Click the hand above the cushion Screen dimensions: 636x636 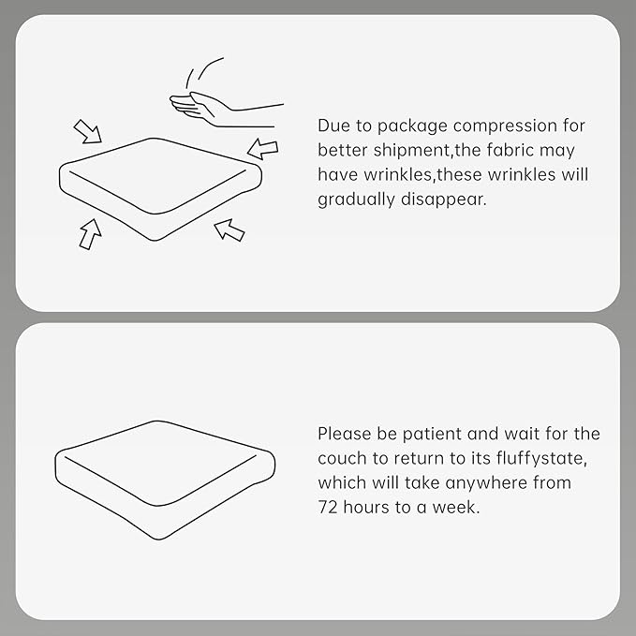(219, 111)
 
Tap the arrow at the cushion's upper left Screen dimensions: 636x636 (88, 132)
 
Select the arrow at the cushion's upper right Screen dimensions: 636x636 (263, 149)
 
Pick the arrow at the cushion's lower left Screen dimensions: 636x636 (90, 234)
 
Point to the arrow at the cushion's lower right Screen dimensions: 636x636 (229, 230)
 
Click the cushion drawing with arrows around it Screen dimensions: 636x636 (160, 189)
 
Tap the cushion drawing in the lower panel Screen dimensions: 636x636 (165, 480)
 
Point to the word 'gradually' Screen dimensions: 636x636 (356, 200)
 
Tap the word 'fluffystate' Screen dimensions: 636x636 (540, 459)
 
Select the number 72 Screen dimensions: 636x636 (327, 508)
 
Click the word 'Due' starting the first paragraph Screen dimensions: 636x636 (333, 126)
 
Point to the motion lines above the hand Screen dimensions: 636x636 (204, 73)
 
